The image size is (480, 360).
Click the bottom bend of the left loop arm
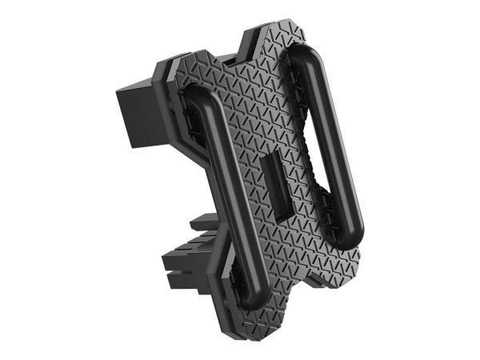[x=253, y=300]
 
